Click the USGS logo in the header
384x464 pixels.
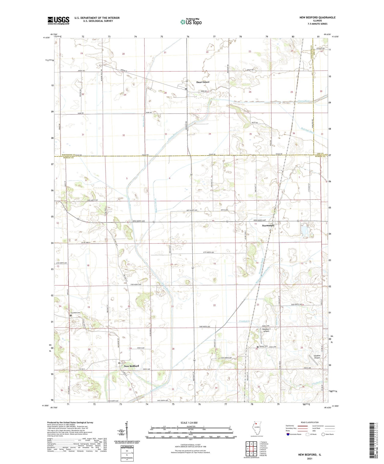click(58, 20)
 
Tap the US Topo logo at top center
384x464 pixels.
click(191, 22)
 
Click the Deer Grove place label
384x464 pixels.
click(203, 82)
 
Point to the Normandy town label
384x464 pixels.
click(268, 225)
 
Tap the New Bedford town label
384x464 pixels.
click(131, 366)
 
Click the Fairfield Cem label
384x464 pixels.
click(76, 313)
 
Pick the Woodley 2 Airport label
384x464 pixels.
click(266, 330)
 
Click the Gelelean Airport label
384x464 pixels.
click(317, 357)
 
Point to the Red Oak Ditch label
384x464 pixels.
click(308, 131)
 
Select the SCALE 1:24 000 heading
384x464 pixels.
click(189, 423)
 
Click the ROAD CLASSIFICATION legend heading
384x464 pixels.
click(310, 423)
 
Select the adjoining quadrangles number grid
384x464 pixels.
click(251, 448)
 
